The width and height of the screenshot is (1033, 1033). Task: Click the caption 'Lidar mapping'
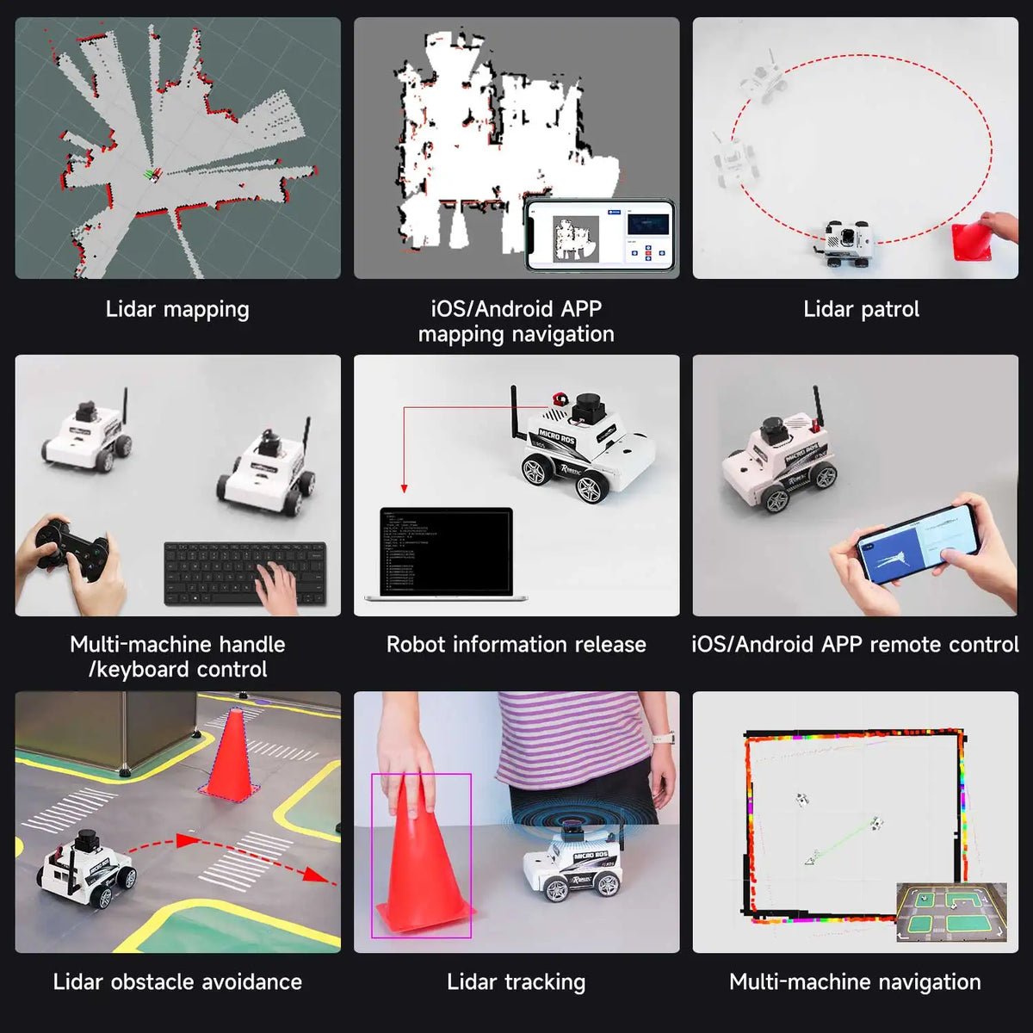[x=177, y=309]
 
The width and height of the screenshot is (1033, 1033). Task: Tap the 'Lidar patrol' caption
[x=861, y=309]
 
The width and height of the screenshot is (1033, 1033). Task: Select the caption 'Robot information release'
[x=516, y=645]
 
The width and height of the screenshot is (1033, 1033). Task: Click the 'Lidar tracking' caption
[x=516, y=982]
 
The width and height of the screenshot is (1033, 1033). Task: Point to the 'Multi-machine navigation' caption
[x=855, y=982]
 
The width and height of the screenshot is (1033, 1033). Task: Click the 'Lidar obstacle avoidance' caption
[x=177, y=982]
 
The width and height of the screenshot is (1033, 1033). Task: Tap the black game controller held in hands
[x=72, y=547]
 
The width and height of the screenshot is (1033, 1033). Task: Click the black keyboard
[x=244, y=572]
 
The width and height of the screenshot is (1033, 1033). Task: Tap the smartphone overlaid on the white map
[x=600, y=235]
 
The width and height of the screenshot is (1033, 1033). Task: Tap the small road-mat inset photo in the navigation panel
[x=951, y=912]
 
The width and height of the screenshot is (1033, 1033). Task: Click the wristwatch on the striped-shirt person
[x=662, y=737]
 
